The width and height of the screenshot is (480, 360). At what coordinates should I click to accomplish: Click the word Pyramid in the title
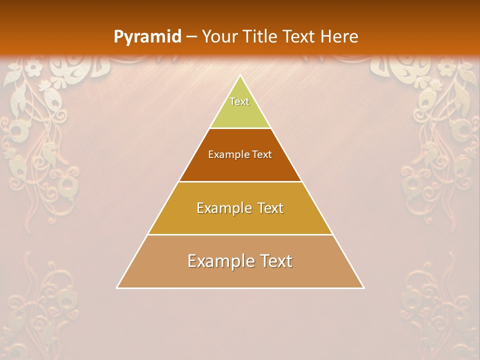(x=147, y=36)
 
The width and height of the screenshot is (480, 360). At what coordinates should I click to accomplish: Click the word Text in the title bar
(x=299, y=36)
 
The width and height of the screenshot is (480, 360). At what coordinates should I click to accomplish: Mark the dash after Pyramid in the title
(x=191, y=37)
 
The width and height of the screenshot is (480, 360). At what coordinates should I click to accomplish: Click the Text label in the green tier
(x=239, y=101)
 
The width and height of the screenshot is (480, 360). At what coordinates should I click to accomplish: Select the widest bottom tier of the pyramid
(x=240, y=275)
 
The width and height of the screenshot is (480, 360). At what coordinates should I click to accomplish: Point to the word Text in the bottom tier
(x=273, y=261)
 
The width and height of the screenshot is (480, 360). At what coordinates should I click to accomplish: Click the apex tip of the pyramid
(x=240, y=76)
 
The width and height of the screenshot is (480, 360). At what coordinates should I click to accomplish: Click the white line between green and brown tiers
(x=240, y=128)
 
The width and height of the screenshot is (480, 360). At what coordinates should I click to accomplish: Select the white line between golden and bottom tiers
(x=240, y=234)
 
